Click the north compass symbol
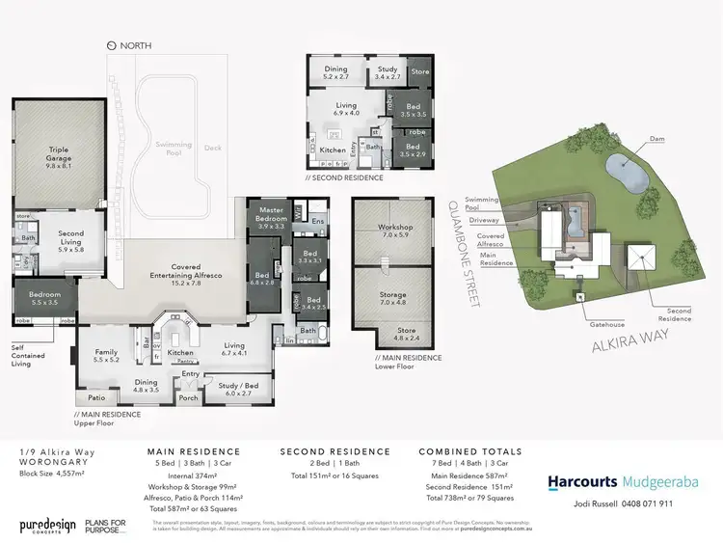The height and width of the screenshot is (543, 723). click(x=111, y=45)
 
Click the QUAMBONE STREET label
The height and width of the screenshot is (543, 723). click(x=466, y=248)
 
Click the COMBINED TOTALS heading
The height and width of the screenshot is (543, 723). click(x=469, y=451)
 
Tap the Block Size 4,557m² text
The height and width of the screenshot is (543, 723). click(x=53, y=474)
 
